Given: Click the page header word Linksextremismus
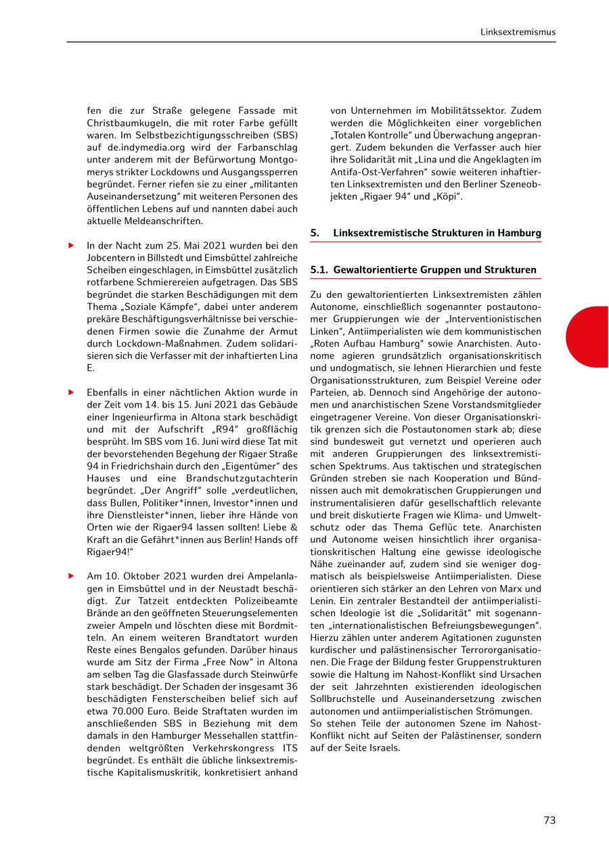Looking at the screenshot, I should coord(518,32).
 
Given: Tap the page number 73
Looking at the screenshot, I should coord(549,820).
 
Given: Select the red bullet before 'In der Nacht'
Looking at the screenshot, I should coord(70,245).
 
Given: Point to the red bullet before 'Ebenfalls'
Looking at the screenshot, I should coord(70,392).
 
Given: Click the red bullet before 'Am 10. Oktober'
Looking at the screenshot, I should coord(70,576).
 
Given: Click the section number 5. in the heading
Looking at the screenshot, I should coord(315,234).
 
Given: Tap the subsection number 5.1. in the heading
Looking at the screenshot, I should coord(319,270).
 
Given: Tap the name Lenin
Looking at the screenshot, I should coord(325,601).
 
